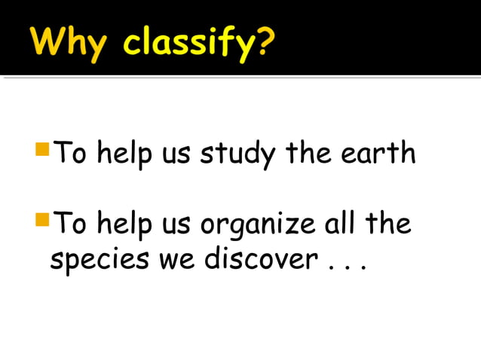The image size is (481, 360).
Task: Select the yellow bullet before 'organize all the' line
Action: click(x=42, y=219)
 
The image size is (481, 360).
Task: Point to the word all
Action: click(x=339, y=224)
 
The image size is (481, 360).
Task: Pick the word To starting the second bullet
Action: click(x=72, y=224)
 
